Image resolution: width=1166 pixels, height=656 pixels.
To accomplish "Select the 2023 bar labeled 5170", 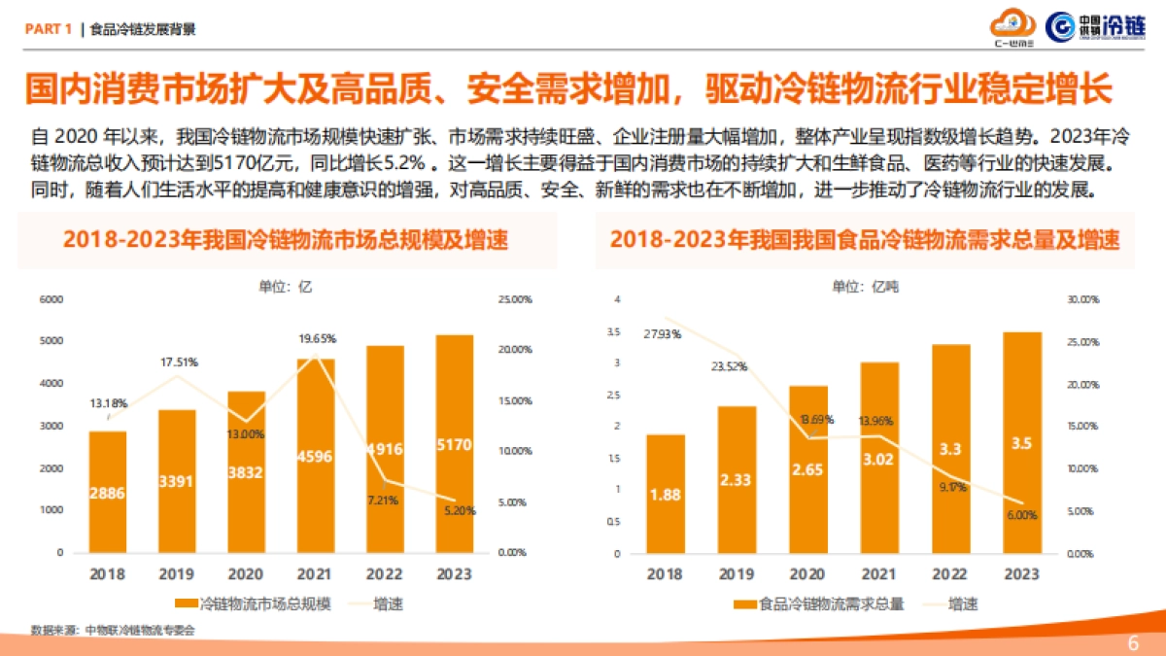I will tap(455, 443).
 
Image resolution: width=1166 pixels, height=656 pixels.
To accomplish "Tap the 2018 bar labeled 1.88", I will tap(666, 493).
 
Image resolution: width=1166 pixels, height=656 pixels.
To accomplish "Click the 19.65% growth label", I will tap(317, 339).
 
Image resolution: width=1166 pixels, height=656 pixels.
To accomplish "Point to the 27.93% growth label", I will tap(662, 334).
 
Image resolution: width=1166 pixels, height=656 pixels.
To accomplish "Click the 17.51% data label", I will tap(179, 363).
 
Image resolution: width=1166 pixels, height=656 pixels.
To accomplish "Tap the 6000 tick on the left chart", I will tap(51, 299).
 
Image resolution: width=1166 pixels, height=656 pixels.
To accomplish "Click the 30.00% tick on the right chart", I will tap(1081, 300).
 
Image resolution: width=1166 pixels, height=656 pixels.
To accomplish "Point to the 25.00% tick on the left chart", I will tap(514, 299).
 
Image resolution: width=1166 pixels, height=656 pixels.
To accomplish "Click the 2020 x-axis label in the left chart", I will tap(246, 573).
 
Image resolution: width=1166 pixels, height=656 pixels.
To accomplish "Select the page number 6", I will tap(1132, 643).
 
